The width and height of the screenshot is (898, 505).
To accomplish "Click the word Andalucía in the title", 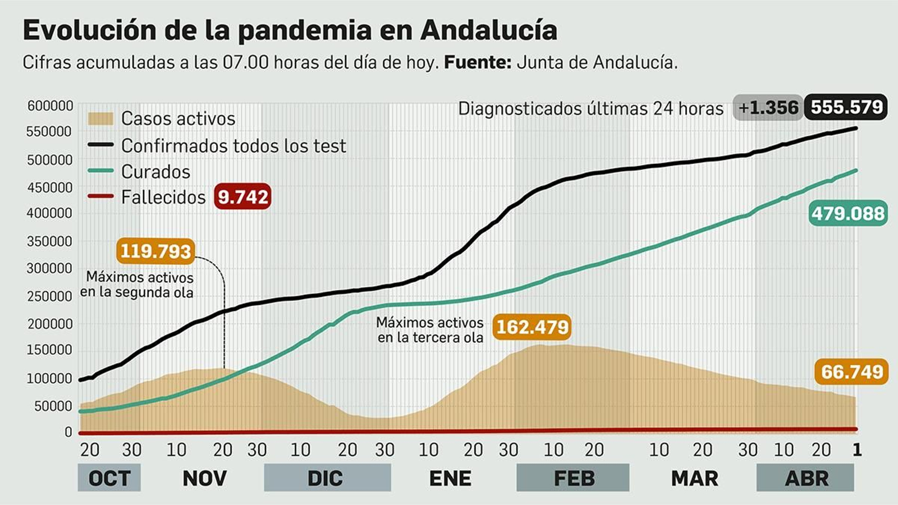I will point(488,30).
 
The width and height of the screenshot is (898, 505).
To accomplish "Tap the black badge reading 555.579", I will point(846,107).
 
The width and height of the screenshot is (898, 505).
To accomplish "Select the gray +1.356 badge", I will point(767,107).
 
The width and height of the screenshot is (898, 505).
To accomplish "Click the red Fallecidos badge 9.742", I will point(242,197).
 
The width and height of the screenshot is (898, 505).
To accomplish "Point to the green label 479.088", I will point(848,213).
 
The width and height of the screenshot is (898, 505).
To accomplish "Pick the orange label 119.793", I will point(155,251).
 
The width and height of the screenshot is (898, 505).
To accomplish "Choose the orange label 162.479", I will point(532,327).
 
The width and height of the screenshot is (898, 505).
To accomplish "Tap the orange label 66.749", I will point(851,371).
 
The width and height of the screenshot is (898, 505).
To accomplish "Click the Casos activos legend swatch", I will point(101,119).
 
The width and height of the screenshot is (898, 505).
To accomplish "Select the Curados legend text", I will point(155,172).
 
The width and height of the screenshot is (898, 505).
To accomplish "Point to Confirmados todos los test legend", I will point(233,146).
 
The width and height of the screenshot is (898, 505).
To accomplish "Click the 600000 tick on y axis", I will point(51,105).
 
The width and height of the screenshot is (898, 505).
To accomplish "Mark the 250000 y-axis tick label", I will point(51,296).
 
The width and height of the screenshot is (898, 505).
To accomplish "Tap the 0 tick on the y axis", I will point(68,432).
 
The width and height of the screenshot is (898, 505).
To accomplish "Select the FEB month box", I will point(572,478).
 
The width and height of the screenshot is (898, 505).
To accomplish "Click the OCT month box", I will point(109,478).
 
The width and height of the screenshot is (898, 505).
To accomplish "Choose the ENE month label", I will point(450,478).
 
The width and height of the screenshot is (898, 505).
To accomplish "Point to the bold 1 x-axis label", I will point(856,449).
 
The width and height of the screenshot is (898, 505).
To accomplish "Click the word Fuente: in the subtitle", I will point(477,62).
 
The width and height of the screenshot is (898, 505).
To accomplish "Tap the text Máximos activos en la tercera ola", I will point(429,330).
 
